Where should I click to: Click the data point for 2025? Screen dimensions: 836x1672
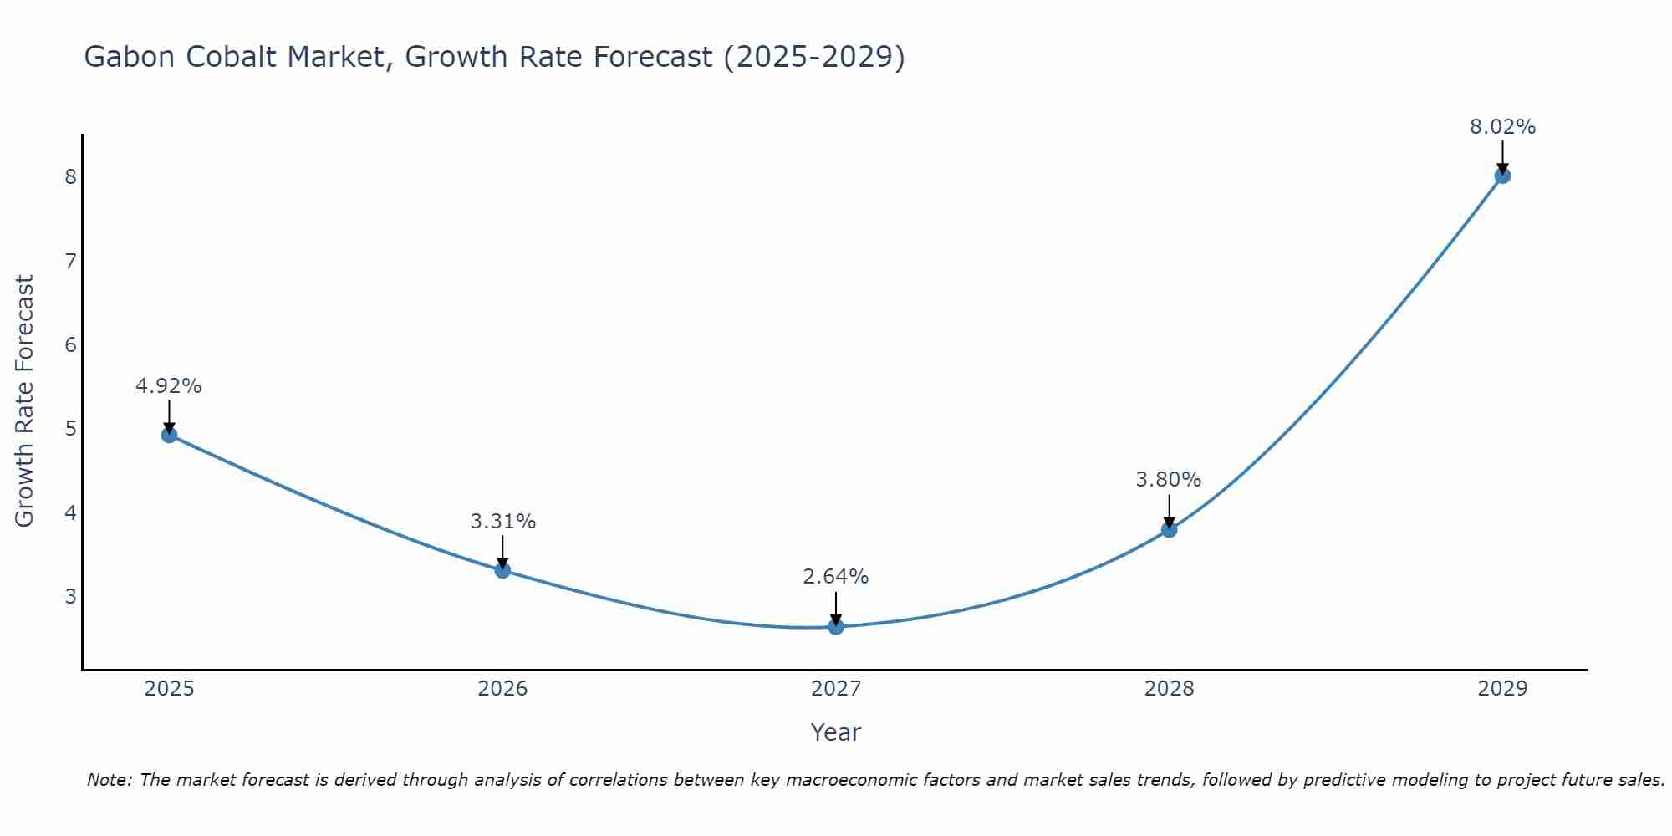[x=169, y=435]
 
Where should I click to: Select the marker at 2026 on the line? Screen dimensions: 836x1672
[x=502, y=570]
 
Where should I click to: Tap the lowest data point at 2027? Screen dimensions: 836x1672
[x=836, y=626]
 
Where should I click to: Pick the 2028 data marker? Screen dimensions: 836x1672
[x=1169, y=529]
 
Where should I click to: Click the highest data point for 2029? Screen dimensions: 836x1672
[x=1502, y=176]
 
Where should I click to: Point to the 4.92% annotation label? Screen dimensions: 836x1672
[x=169, y=386]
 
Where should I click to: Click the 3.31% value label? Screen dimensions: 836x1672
[x=502, y=522]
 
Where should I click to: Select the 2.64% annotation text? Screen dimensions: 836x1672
[x=836, y=577]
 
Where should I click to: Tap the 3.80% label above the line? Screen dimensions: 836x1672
[x=1169, y=480]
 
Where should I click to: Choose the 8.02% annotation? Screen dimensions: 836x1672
[x=1502, y=127]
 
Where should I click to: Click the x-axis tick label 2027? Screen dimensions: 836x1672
[x=836, y=689]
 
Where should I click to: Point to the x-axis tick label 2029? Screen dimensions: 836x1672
[x=1502, y=689]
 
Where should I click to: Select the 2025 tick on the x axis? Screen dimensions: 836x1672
[x=169, y=689]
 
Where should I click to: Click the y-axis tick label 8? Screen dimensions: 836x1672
[x=70, y=176]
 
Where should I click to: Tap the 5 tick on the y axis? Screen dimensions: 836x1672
[x=70, y=429]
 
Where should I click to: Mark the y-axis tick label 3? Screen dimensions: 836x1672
[x=70, y=597]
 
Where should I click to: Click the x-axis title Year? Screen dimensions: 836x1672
[x=836, y=732]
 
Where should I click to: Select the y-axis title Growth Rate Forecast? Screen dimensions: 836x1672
[x=25, y=401]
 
